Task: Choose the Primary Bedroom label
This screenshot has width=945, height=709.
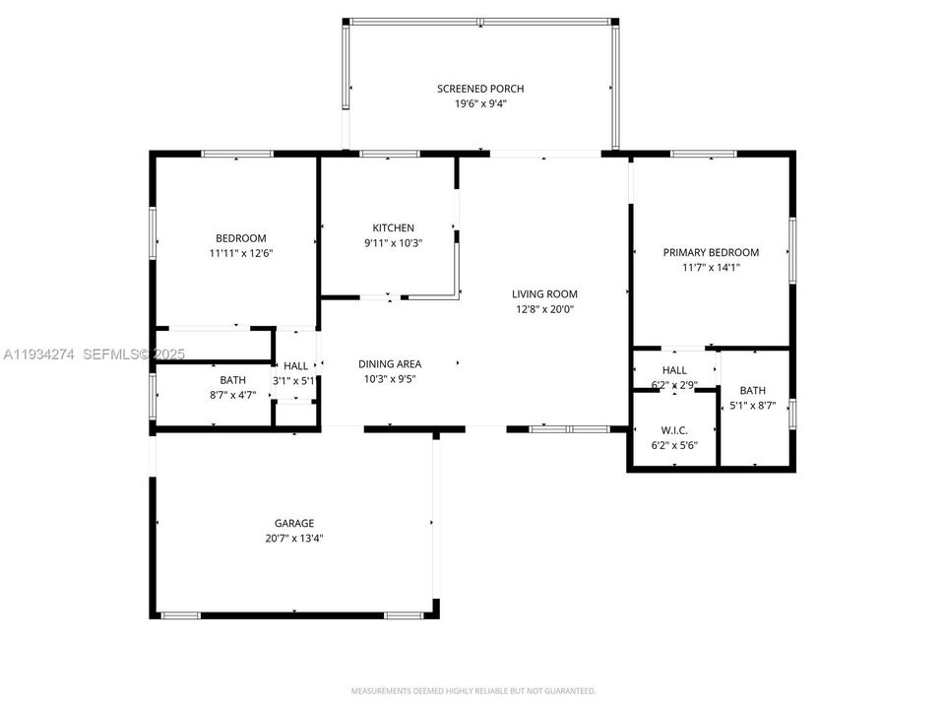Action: point(711,252)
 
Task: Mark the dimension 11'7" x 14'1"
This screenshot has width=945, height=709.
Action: point(711,266)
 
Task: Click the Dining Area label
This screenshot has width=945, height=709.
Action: point(391,363)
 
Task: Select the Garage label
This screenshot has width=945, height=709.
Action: point(294,523)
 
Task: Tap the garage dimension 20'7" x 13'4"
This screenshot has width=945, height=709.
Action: point(294,538)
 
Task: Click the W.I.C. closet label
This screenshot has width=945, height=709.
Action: point(674,430)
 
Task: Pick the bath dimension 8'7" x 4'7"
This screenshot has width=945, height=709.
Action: point(232,394)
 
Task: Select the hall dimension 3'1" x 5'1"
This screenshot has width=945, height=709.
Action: point(294,380)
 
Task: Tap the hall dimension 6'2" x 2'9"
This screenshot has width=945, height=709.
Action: point(674,384)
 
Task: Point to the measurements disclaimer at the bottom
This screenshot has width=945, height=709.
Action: point(473,690)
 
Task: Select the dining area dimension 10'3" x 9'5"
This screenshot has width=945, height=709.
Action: point(391,378)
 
